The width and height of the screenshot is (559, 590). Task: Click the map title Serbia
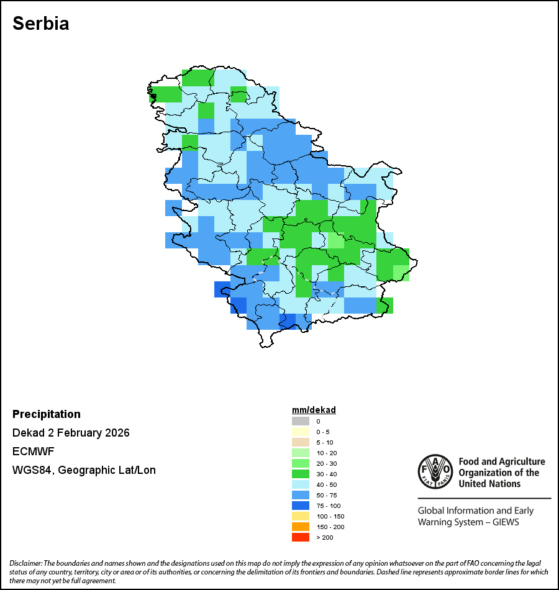tap(41, 24)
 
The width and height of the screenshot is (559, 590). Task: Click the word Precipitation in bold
tap(47, 414)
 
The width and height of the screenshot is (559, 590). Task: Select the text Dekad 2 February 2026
tap(71, 433)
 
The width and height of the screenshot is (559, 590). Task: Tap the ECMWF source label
tap(33, 452)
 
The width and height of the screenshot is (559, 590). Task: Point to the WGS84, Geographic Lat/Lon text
tap(84, 470)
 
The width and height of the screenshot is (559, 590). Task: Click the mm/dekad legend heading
tap(314, 411)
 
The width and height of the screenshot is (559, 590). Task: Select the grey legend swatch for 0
tap(301, 422)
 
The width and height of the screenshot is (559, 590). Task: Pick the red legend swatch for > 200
tap(301, 537)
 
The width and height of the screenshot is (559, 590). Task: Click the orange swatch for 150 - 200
tap(301, 527)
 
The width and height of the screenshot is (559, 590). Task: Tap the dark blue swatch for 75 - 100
tap(301, 506)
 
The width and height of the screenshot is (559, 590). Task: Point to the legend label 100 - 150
tap(330, 516)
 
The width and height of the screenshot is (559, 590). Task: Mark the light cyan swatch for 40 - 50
tap(301, 484)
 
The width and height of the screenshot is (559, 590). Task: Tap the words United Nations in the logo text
tap(490, 483)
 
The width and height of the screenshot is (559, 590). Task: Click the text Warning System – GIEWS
tap(468, 522)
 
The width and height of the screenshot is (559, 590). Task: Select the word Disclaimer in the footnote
tap(25, 563)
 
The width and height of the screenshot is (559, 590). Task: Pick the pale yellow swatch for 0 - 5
tap(301, 432)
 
